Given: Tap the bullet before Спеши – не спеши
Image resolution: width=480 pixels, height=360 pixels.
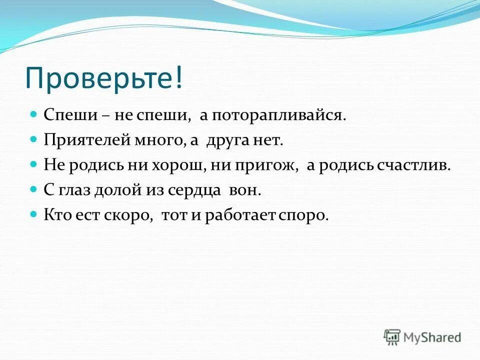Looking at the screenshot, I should click(x=34, y=114).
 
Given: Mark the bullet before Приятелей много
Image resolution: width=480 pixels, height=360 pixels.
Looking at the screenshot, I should click(x=34, y=139).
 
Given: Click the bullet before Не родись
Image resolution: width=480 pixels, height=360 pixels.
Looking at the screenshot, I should click(x=34, y=164).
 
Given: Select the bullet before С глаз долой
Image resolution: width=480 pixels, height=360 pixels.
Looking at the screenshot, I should click(x=34, y=189).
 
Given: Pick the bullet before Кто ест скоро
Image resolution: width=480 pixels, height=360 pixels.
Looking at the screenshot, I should click(x=34, y=214).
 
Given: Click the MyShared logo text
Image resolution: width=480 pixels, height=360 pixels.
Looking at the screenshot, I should click(x=432, y=337).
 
